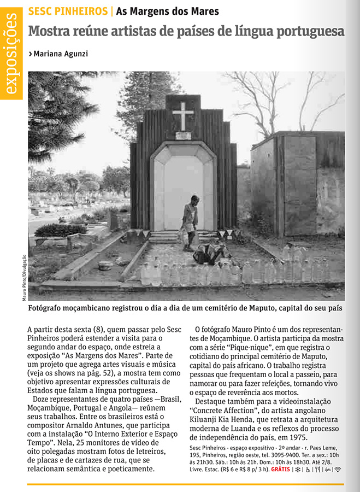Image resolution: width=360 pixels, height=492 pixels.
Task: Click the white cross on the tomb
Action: [183, 115]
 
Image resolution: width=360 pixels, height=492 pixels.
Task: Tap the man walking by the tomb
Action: [190, 222]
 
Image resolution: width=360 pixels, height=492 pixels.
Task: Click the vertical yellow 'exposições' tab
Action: [12, 55]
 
